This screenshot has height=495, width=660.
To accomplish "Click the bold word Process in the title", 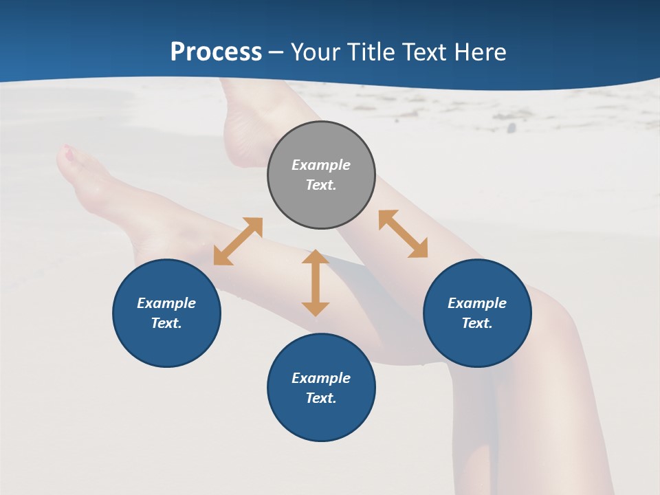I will pos(216,52).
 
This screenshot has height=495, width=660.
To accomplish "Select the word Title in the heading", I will pos(372,52).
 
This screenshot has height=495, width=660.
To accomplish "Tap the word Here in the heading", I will pos(481,52).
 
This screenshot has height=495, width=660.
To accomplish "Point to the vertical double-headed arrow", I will pos(316,283).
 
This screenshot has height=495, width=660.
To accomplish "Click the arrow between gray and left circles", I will pos(238,241).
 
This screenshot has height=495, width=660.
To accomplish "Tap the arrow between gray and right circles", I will pos(403,234).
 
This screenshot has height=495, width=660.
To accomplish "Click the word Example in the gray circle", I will pos(321,165).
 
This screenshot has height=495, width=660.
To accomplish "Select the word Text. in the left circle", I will pos(166,323).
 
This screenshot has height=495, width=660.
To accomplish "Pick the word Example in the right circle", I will pos(477,303).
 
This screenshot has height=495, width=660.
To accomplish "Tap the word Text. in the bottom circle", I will pos(321,398).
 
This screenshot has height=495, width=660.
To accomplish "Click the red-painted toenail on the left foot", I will pos(68,154).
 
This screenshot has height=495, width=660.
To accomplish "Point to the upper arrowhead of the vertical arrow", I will pos(316,257).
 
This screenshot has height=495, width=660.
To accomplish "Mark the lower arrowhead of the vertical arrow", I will pos(316,309).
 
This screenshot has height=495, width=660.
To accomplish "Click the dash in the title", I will pos(276,52).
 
